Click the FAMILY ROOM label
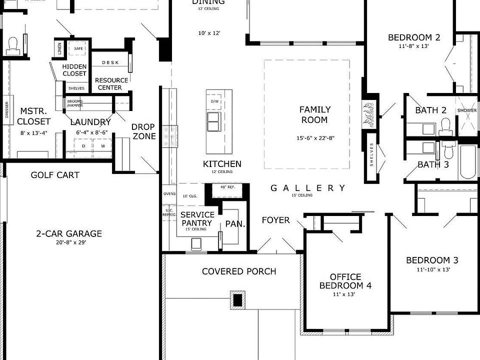(314, 114)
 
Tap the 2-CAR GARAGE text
(68, 233)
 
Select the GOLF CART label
(55, 175)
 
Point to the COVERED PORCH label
(239, 271)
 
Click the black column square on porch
(237, 300)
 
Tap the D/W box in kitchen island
(215, 101)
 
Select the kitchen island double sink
(213, 121)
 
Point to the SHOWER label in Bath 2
(466, 111)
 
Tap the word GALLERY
(307, 188)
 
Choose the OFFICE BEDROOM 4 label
(345, 281)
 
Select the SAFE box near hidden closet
(78, 48)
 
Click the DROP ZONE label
(143, 131)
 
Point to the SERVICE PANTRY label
(198, 218)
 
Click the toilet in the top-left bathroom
(12, 46)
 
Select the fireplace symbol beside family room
(369, 114)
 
